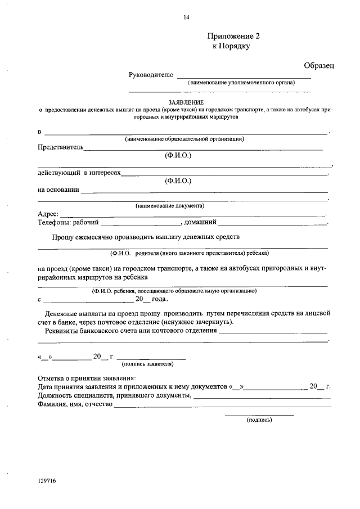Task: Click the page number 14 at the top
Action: [186, 17]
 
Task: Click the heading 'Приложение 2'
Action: [232, 36]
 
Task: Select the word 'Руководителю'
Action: [147, 75]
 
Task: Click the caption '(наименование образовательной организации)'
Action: [184, 138]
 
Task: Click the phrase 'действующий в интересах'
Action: [79, 173]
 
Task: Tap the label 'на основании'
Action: [58, 190]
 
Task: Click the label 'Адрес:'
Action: [47, 214]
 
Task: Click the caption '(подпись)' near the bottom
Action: [259, 420]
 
